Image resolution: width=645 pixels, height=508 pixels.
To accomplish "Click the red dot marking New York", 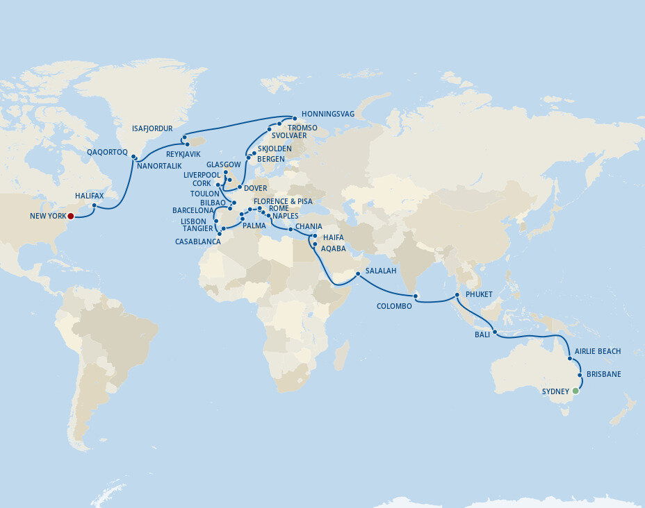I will [70, 216].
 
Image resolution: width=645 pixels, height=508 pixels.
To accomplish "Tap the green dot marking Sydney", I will [575, 391].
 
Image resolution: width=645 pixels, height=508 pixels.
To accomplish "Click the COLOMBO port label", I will [394, 306].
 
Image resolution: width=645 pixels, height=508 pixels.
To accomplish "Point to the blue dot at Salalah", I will [358, 273].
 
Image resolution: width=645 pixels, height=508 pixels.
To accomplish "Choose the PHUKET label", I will [479, 295].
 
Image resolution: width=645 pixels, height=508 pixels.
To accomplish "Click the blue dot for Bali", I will [495, 333].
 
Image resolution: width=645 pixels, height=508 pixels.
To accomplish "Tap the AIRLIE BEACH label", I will [598, 352].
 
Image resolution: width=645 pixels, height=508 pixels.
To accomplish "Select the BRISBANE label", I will [603, 374].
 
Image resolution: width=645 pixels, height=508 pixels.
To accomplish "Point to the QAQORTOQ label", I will [107, 152].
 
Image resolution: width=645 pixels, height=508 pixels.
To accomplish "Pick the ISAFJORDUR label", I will [152, 128].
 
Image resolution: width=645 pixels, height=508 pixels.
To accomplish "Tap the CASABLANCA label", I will [197, 242].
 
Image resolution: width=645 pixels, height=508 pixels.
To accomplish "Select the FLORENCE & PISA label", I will [283, 201].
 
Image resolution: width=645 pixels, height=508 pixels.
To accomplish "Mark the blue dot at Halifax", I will [95, 205].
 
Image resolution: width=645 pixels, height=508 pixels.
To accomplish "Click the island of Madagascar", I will [340, 355].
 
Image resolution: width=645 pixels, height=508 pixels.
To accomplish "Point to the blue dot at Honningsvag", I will [295, 118].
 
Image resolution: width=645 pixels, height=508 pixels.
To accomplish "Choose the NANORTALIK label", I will [158, 167].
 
